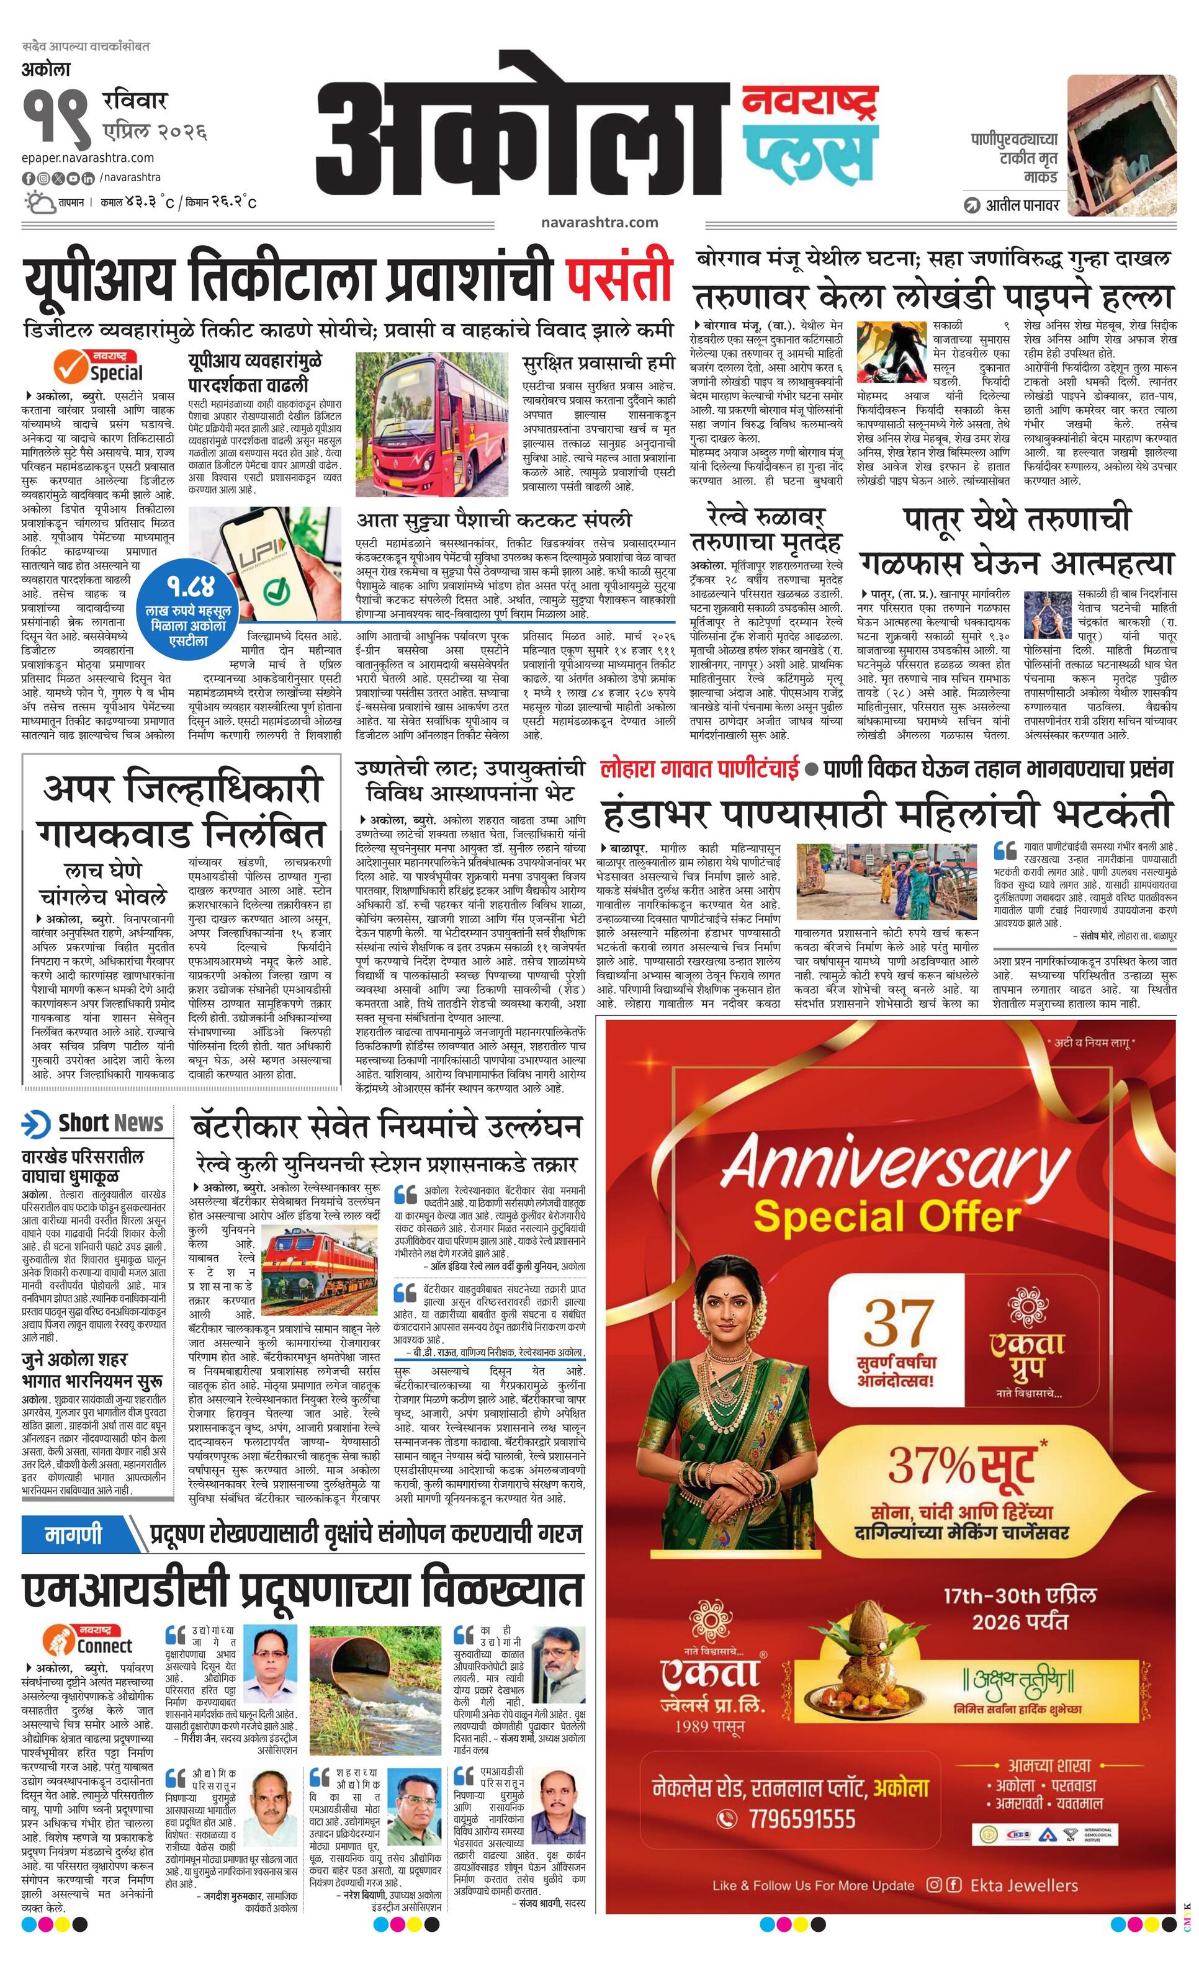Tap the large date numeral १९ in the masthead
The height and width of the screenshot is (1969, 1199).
pyautogui.click(x=56, y=117)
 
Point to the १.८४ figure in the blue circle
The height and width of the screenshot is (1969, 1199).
pyautogui.click(x=192, y=589)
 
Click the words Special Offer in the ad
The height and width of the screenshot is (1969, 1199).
pyautogui.click(x=887, y=1217)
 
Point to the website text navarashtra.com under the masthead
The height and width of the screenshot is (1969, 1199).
pyautogui.click(x=599, y=222)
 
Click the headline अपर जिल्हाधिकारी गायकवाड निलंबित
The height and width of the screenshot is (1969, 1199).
pyautogui.click(x=182, y=809)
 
